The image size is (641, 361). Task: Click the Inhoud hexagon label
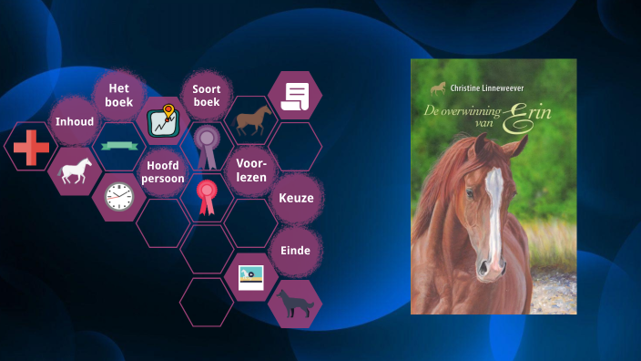point(75,121)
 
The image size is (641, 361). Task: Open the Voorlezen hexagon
point(250,170)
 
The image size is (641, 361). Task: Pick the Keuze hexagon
point(296,198)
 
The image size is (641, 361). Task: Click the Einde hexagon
point(296,250)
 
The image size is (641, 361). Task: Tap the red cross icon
point(31,147)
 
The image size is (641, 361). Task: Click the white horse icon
point(76,171)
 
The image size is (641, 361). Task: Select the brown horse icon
point(252,120)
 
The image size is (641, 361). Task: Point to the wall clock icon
point(119,196)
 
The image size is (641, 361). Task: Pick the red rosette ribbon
point(208,197)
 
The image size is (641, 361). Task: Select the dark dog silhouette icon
point(294,304)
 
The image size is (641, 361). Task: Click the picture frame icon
point(250,277)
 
